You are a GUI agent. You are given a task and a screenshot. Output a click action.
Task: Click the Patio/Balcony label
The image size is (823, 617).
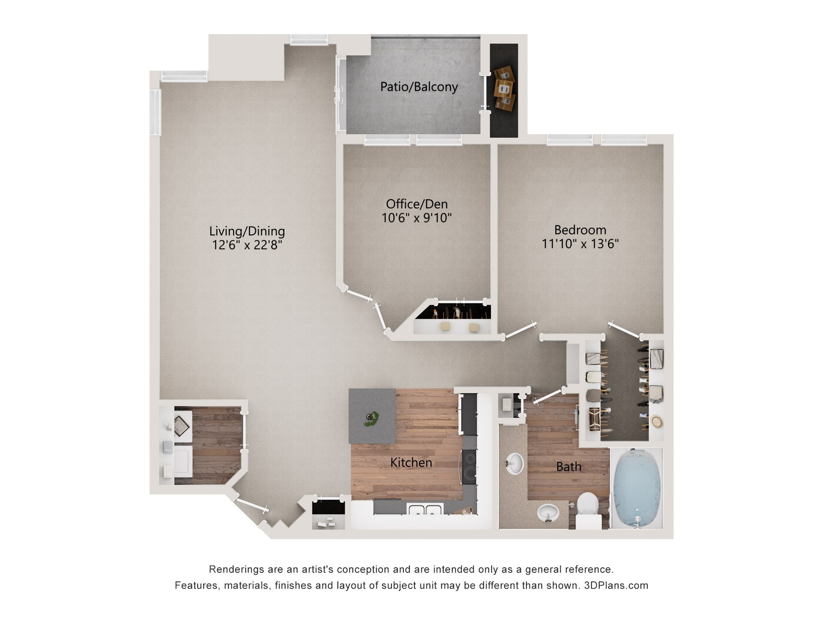[x=419, y=87]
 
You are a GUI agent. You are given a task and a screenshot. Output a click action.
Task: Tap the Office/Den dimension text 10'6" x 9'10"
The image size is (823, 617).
[x=417, y=218]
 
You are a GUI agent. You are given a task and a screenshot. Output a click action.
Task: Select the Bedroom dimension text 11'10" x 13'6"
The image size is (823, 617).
[x=580, y=244]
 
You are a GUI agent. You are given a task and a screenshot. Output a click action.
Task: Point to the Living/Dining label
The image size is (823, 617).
[x=247, y=231]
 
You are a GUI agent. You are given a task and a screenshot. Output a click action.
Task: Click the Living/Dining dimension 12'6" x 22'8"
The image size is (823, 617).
[x=247, y=246]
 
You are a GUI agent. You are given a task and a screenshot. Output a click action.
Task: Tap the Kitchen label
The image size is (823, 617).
[x=411, y=463]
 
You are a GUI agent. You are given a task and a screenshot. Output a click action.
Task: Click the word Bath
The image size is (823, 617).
[x=568, y=467]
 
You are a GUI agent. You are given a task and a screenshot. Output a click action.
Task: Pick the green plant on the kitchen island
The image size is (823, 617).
[x=371, y=419]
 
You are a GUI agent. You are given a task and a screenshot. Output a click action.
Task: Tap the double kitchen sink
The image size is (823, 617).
[x=425, y=510]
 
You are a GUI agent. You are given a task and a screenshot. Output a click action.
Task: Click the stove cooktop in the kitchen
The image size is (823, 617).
[x=469, y=467]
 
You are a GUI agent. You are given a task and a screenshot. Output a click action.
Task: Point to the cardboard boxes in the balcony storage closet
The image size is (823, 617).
[x=504, y=89]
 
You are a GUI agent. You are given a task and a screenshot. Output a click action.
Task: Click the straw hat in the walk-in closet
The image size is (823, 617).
[x=657, y=422]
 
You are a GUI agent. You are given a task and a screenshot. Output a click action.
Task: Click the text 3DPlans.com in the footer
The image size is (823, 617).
[x=616, y=586]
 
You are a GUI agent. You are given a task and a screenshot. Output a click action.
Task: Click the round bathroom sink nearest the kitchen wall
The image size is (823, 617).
[x=514, y=464]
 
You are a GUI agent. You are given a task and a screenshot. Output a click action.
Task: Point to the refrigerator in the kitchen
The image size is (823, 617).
[x=469, y=413]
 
